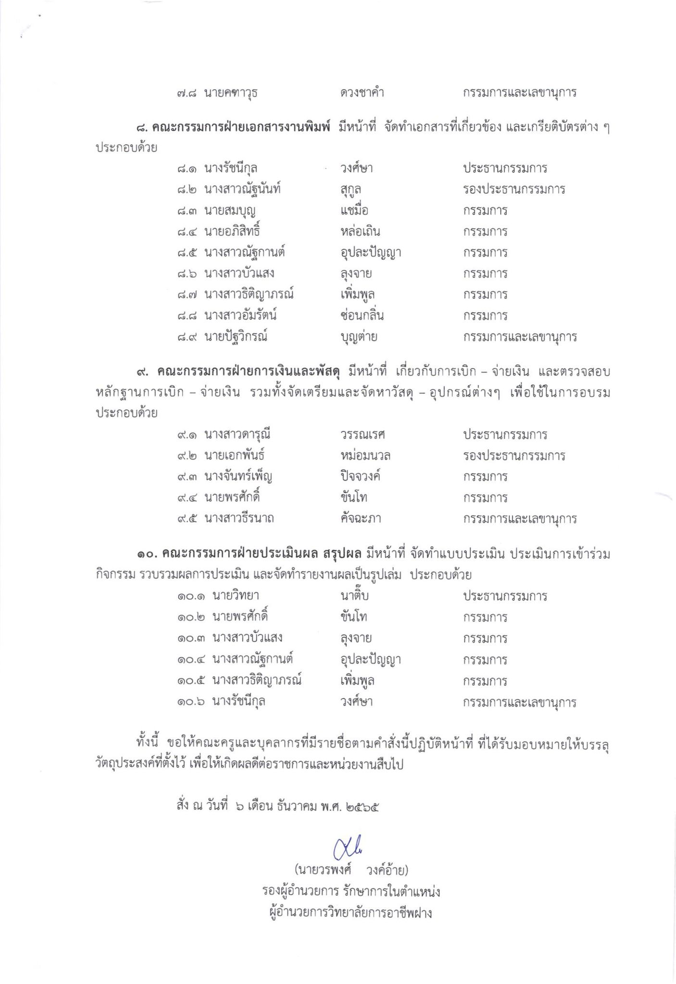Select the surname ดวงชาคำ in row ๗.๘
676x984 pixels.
[362, 92]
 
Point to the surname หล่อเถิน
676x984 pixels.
[360, 232]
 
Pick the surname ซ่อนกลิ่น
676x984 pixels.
[362, 316]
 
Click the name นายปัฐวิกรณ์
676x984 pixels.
[236, 337]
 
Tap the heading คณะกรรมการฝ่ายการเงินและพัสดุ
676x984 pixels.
[249, 371]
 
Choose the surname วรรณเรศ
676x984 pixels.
[363, 435]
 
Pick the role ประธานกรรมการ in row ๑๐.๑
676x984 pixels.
[505, 596]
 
